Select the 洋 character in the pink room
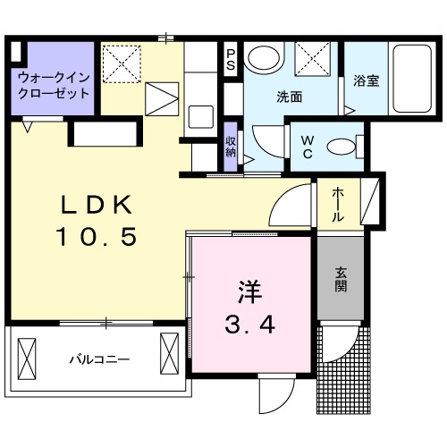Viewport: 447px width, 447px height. click(249, 291)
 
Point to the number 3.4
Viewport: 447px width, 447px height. click(249, 323)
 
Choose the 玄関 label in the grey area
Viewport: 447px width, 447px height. click(342, 281)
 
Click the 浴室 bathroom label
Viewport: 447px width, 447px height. click(366, 81)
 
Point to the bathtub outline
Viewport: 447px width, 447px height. click(412, 78)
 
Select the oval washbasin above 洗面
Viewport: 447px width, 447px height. click(263, 59)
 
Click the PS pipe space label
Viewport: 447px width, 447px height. click(230, 60)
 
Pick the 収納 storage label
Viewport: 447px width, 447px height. click(230, 146)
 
